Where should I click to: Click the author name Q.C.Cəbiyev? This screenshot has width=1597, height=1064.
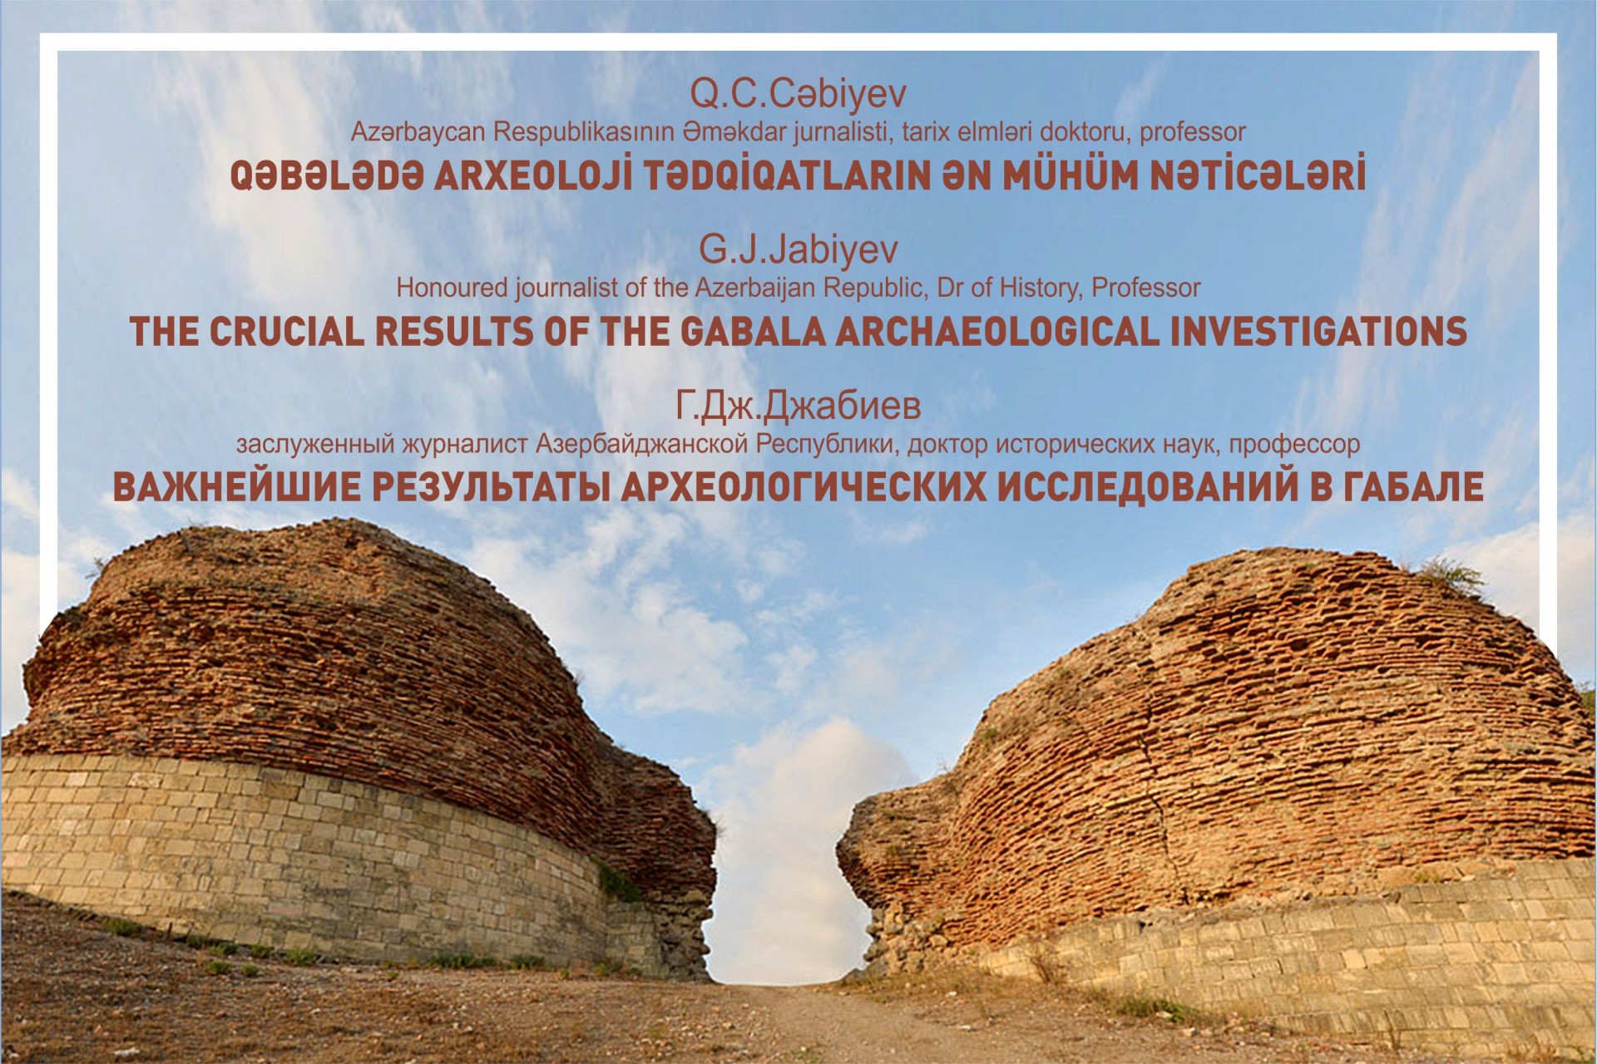[798, 96]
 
